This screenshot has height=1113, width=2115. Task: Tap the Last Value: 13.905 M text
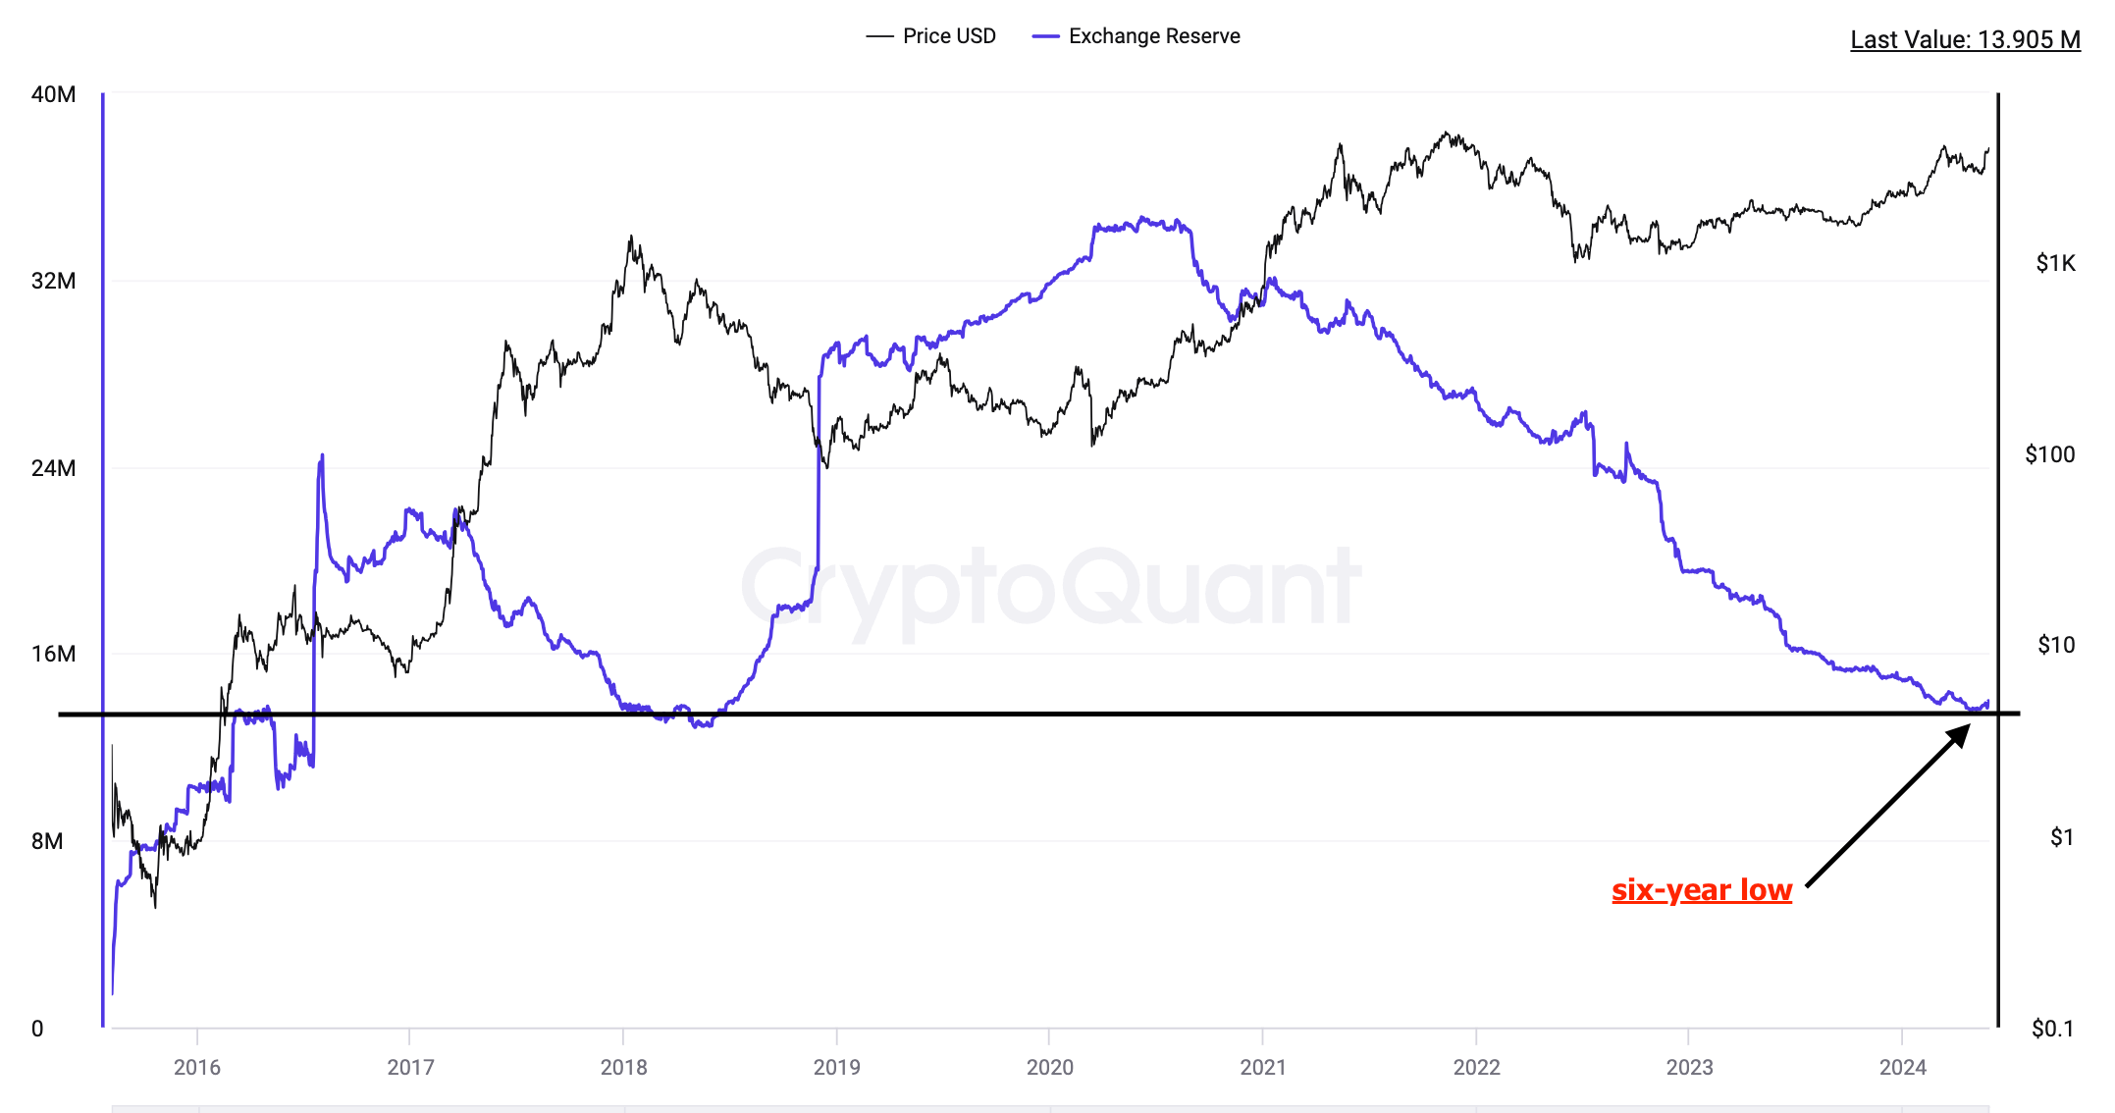coord(1965,39)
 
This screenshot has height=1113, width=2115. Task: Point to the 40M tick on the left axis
coord(53,94)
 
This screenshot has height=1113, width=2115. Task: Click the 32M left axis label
coord(53,281)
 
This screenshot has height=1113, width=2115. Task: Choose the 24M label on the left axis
coord(53,468)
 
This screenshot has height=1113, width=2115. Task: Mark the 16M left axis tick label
coord(53,654)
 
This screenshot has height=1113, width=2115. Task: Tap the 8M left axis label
coord(47,841)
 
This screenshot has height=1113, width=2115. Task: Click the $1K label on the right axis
coord(2055,263)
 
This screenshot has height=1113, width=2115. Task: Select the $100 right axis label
coord(2050,454)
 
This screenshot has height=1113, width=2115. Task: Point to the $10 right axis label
coord(2056,645)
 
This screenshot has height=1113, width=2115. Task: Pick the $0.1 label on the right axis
coord(2052,1029)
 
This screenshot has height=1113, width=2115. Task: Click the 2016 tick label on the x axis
coord(197,1067)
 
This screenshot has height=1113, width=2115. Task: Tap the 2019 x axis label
coord(836,1067)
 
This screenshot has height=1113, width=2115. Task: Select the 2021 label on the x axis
coord(1262,1067)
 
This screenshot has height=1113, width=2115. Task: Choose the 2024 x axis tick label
coord(1902,1067)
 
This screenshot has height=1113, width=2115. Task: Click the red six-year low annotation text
coord(1702,890)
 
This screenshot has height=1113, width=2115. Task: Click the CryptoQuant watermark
coord(1050,589)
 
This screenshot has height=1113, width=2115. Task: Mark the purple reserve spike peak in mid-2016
coord(322,456)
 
